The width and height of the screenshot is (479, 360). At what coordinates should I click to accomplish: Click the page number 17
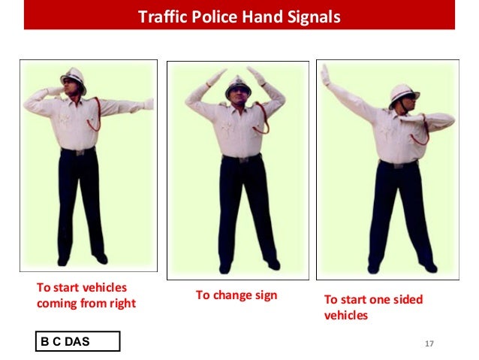pos(429,343)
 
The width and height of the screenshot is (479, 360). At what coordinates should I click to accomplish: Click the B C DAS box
pos(79,342)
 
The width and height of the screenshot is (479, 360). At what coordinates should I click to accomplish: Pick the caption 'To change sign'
pos(236,295)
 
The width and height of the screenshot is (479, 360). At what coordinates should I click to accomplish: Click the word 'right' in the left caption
pos(121,304)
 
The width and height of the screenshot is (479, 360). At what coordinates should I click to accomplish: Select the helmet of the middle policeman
pos(238,83)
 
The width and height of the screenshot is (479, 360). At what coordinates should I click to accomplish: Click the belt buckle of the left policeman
pos(77,152)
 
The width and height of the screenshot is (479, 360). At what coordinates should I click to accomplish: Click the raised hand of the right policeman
pos(325,74)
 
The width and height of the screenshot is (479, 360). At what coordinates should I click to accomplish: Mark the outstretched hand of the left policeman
pos(147,104)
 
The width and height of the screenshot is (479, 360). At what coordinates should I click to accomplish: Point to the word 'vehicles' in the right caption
pos(345,316)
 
